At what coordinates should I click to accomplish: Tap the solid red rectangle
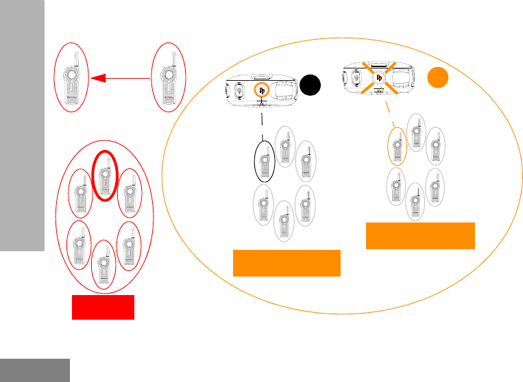[104, 307]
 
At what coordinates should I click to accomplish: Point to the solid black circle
[311, 86]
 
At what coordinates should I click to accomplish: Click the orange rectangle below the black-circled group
[287, 263]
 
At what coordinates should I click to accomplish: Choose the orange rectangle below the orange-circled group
[420, 235]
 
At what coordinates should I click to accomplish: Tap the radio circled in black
[265, 161]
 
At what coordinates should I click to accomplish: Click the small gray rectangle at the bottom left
[35, 370]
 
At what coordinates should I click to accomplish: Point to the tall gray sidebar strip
[22, 127]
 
